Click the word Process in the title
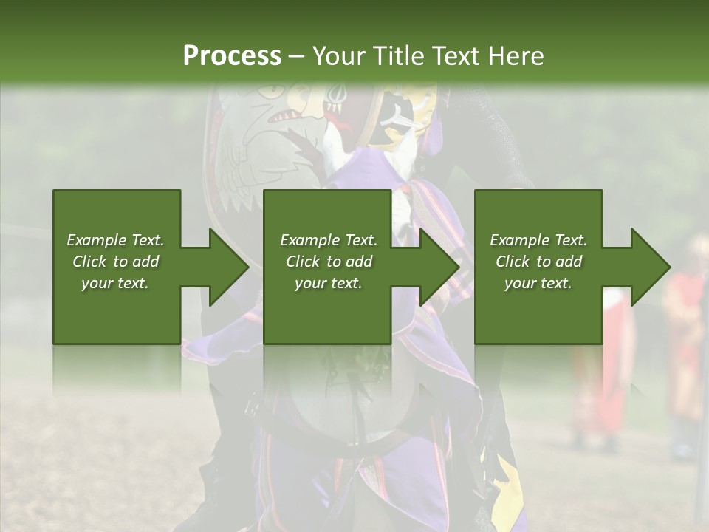click(232, 56)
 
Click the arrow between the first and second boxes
click(222, 267)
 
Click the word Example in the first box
click(96, 240)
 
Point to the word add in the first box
click(145, 262)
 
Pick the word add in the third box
click(569, 262)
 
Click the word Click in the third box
click(513, 262)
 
